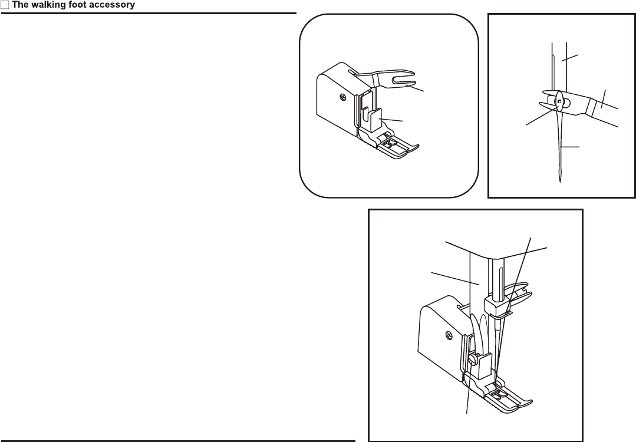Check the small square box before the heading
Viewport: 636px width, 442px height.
[x=4, y=5]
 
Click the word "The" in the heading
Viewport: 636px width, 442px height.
[x=20, y=5]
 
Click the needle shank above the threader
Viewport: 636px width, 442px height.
[x=558, y=65]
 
